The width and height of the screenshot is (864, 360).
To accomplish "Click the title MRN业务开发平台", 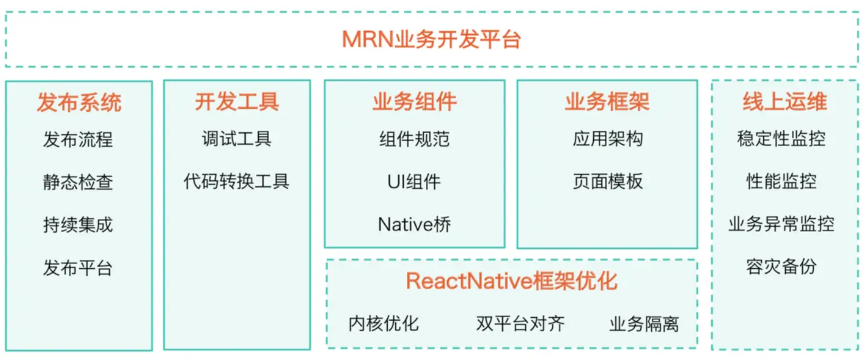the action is [x=431, y=40].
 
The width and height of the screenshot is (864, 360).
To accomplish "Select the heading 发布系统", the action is [x=79, y=102].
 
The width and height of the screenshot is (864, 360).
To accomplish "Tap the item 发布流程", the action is [x=78, y=140].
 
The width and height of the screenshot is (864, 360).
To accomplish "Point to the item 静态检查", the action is [x=78, y=182].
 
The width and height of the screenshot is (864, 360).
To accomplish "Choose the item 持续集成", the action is [x=78, y=225].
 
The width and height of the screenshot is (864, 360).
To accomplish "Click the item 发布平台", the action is [x=78, y=268].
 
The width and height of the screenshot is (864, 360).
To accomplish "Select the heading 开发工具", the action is [x=237, y=102].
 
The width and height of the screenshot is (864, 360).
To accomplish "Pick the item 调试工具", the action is [x=237, y=139].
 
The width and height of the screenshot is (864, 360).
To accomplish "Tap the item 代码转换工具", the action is [x=237, y=182].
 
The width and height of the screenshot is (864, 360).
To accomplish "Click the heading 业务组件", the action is [x=415, y=102].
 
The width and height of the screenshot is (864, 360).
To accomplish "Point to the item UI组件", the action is [x=414, y=182].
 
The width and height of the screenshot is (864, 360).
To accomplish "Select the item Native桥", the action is [x=415, y=224].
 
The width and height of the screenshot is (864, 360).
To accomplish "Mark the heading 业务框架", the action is [x=607, y=102].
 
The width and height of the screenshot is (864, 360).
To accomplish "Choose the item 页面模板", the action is [x=608, y=182].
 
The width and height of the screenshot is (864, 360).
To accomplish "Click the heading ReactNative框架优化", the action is [x=511, y=281].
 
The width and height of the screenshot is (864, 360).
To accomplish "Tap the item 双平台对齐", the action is [x=520, y=323].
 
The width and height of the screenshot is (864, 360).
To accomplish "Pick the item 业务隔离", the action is [x=644, y=324].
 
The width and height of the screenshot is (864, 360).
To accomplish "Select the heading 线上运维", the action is [x=785, y=102].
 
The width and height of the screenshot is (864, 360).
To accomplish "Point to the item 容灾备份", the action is [x=781, y=266].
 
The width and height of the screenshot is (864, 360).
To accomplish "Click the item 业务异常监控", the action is [x=781, y=224].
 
